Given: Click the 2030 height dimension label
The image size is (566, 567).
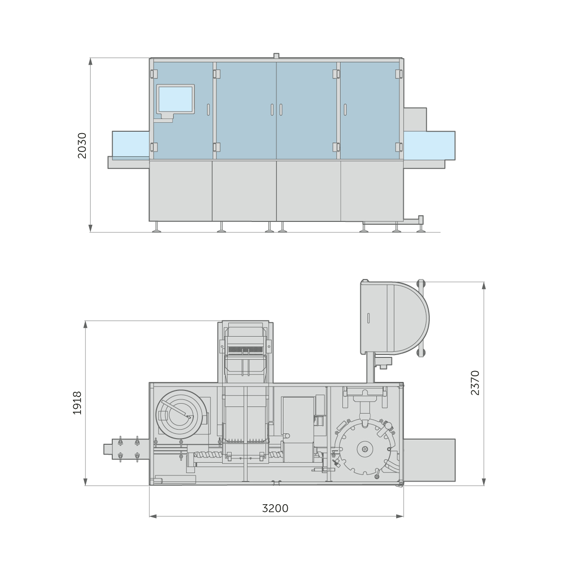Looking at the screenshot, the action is (82, 146).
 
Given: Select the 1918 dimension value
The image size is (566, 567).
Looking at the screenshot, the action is (77, 403).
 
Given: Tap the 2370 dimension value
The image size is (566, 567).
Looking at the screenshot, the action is (475, 383).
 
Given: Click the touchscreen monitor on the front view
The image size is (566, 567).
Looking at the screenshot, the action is (175, 99).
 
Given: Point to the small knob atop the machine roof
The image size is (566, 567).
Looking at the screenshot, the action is (276, 56).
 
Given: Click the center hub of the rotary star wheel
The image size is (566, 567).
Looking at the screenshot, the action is (365, 449).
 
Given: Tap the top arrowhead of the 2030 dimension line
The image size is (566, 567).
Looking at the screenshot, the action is (91, 61).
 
